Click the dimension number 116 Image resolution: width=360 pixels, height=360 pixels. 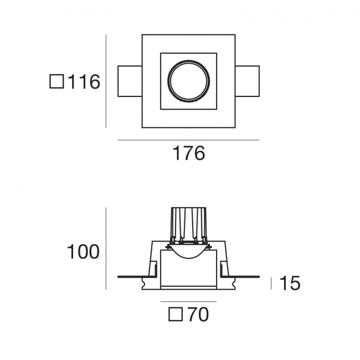click(84, 81)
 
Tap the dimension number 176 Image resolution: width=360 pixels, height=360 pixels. click(188, 153)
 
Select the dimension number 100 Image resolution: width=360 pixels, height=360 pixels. click(83, 252)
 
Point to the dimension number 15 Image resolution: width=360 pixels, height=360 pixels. click(290, 283)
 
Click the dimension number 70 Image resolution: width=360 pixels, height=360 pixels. click(198, 315)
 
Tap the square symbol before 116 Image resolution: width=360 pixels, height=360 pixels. click(56, 81)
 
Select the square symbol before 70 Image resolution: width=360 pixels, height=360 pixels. click(176, 315)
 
